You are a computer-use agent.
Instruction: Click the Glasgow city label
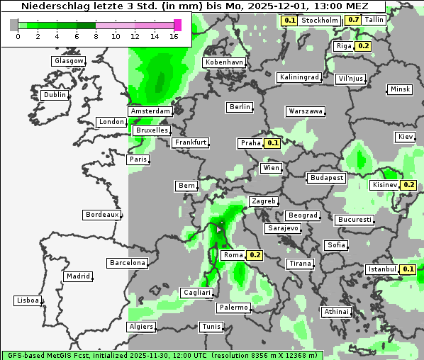tap(68, 61)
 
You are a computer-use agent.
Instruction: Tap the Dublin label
tap(54, 95)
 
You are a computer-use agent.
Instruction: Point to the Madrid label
tap(77, 276)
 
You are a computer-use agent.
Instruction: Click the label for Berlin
tap(240, 107)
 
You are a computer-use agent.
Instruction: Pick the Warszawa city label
tap(306, 111)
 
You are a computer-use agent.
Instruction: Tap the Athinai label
tap(335, 312)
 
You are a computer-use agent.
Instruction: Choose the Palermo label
tap(233, 308)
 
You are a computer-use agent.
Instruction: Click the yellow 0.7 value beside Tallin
tap(354, 20)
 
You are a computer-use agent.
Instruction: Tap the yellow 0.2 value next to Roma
tap(255, 255)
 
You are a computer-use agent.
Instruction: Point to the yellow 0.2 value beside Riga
tap(364, 46)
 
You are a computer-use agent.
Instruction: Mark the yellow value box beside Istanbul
tap(408, 269)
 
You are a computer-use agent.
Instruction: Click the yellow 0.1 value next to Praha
tap(273, 143)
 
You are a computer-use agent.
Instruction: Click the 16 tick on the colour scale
tap(174, 35)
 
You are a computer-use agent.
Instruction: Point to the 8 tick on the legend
tap(96, 35)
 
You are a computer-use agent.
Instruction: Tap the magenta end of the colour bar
tap(177, 25)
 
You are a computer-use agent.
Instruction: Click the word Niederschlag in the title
tap(52, 6)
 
